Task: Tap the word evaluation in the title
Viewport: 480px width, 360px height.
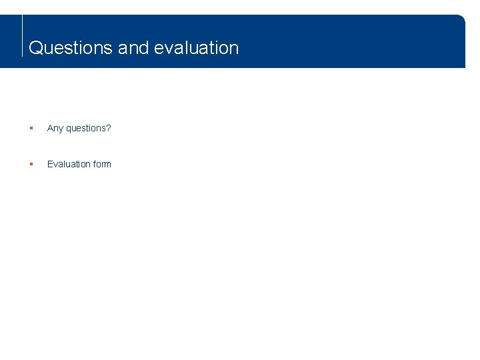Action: click(196, 48)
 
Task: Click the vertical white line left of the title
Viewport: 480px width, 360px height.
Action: click(23, 37)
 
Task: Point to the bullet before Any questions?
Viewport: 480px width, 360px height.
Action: click(31, 128)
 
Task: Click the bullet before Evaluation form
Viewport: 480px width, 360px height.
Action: click(31, 164)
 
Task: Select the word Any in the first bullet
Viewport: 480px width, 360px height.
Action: click(55, 128)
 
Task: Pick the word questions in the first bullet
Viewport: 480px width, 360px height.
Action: click(85, 128)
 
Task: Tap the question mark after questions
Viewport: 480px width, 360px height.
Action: click(109, 128)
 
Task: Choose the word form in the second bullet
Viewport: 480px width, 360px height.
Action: click(103, 164)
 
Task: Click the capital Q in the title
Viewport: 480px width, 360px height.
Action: click(36, 48)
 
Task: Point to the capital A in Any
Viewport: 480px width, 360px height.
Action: click(50, 128)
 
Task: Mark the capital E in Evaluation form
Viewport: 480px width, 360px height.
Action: click(50, 164)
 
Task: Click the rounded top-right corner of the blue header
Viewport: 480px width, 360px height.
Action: click(461, 19)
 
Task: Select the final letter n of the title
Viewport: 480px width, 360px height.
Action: click(234, 49)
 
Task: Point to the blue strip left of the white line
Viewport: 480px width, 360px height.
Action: click(11, 41)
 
